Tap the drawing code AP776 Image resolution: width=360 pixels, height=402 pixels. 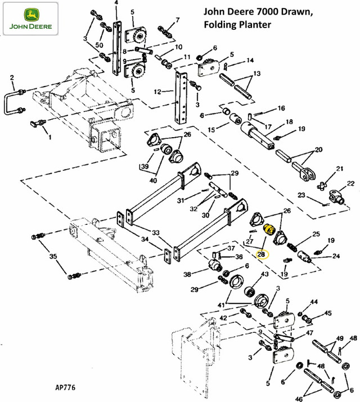coord(66,387)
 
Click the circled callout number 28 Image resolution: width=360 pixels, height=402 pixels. coord(261,255)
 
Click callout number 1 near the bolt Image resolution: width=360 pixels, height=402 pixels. coord(49,137)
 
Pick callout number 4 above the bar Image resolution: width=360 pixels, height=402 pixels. coord(116,3)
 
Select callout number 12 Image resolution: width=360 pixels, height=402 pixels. coord(158,91)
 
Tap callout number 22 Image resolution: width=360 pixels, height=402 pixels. coord(350,183)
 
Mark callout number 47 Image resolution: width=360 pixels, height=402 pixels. coord(310,333)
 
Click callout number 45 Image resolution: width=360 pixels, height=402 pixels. coord(328,314)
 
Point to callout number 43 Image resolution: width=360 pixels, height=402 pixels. coord(264,274)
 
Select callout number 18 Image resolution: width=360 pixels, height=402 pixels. coord(289,122)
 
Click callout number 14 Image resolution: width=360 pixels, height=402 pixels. coord(250,60)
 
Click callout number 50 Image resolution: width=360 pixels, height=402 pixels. coord(100,44)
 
